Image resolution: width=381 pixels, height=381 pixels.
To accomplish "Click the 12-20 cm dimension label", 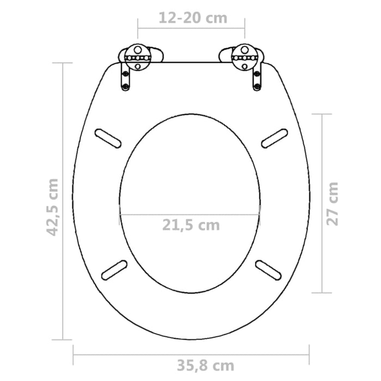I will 191,17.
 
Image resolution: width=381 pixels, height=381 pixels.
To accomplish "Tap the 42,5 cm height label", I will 52,206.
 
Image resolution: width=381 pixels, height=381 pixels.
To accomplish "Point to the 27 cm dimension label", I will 333,203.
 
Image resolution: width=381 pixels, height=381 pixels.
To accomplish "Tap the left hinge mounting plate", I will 137,56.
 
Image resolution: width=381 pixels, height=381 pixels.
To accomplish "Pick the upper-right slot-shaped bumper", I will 274,138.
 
